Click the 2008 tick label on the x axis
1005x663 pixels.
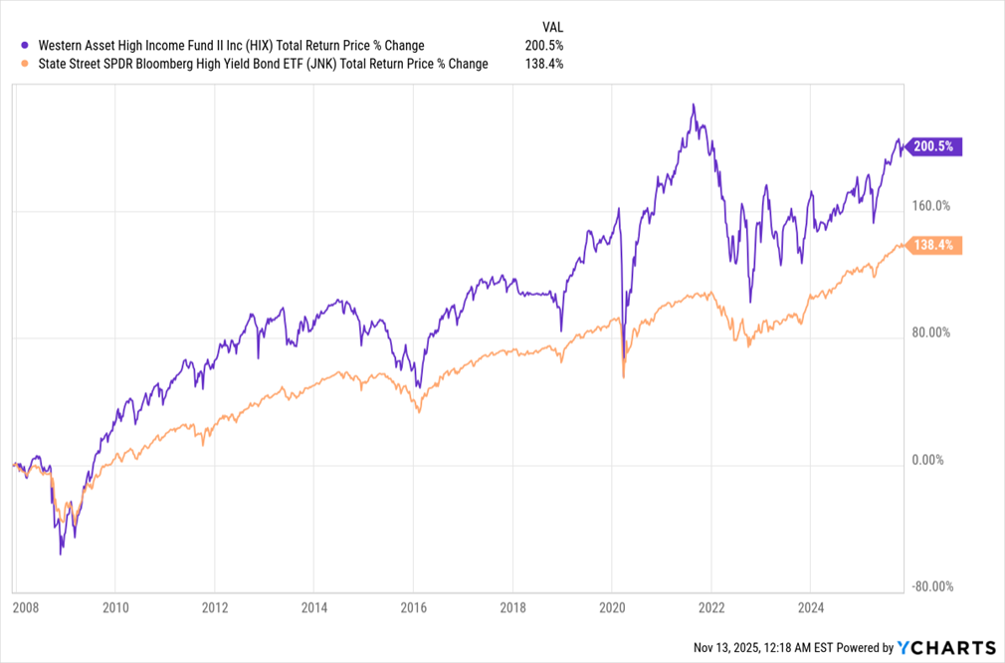(26, 607)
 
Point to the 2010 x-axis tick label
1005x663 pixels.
(115, 607)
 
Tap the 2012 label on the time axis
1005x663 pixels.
(215, 607)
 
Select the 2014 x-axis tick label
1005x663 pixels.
(314, 607)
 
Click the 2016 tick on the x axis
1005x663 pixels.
(414, 607)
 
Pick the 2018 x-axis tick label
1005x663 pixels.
(512, 607)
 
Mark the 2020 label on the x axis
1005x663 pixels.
(612, 607)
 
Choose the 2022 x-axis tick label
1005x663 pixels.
(711, 607)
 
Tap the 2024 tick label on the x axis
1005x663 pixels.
(811, 607)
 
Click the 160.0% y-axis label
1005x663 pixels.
(931, 206)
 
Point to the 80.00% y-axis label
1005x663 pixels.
(931, 332)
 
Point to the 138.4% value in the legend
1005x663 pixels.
(543, 64)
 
